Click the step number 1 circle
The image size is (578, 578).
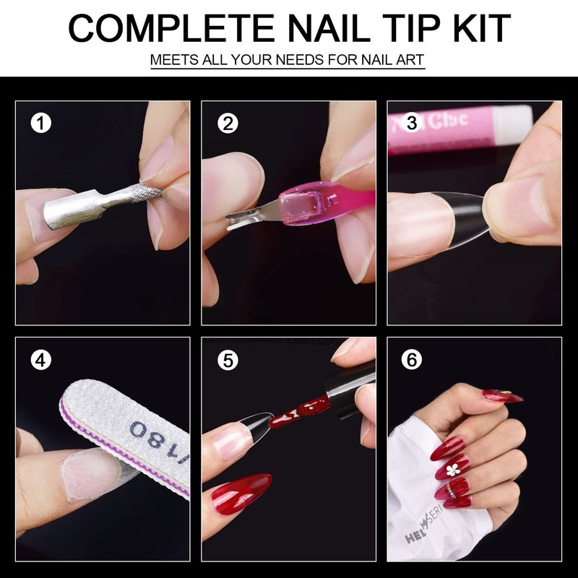click(x=41, y=124)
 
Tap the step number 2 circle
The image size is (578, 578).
click(x=228, y=124)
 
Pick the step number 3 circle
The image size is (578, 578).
click(x=412, y=124)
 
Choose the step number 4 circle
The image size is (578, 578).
click(x=41, y=360)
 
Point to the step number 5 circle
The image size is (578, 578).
click(x=228, y=360)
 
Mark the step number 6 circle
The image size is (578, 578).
click(x=412, y=360)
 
